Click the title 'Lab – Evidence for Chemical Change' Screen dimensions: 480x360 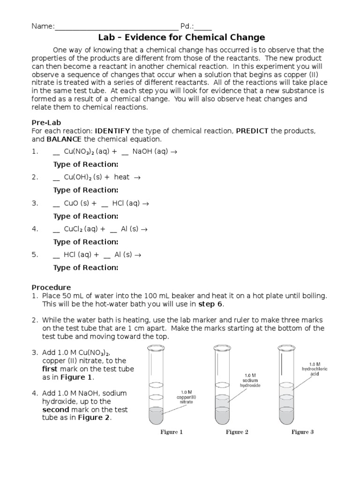181,37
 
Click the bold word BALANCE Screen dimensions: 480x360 64,139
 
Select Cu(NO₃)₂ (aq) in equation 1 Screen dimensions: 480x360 86,152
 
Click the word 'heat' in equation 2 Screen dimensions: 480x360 122,177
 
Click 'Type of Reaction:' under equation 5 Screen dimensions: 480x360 86,268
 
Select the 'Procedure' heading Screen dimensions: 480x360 51,287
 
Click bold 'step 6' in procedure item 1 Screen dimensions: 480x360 210,304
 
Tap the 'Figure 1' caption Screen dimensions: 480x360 172,432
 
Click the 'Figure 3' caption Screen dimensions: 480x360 303,432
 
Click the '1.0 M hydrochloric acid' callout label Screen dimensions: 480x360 315,369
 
